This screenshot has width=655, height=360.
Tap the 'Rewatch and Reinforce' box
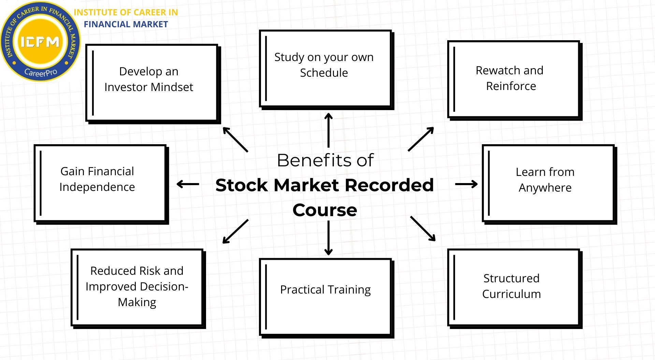(513, 79)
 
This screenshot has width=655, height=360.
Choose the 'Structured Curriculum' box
(513, 287)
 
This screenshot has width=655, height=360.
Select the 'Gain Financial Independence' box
(100, 183)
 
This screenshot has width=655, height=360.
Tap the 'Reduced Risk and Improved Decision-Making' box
(137, 287)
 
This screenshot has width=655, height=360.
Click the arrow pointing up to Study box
(328, 130)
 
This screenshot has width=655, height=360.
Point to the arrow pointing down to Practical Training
(328, 238)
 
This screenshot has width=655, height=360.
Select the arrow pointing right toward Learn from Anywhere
(466, 184)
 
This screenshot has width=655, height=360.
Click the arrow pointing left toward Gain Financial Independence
(188, 184)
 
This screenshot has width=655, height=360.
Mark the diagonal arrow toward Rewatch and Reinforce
(421, 139)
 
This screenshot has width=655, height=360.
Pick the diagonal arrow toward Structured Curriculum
(423, 228)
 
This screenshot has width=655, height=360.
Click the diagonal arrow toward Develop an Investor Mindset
(235, 139)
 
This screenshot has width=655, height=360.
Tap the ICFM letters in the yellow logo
(40, 42)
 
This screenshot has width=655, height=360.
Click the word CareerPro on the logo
(41, 72)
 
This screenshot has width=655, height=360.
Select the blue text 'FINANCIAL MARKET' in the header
(126, 24)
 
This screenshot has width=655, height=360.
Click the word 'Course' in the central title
(324, 210)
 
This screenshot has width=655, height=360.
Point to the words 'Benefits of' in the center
(325, 160)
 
